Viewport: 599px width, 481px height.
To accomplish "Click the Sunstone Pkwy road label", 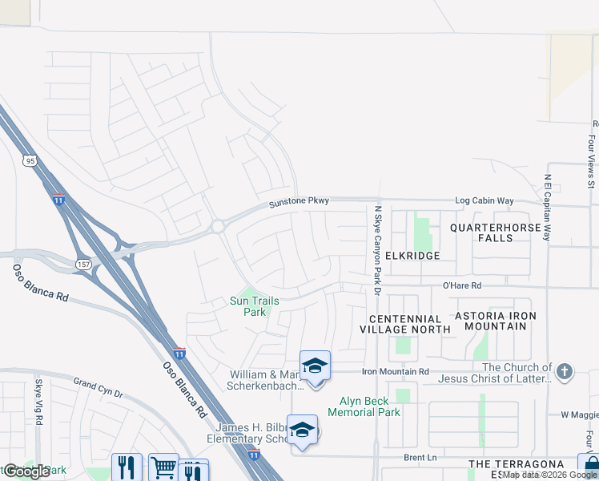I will (299, 201).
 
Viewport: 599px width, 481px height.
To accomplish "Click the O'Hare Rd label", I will (462, 285).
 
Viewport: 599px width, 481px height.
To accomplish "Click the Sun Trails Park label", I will (254, 306).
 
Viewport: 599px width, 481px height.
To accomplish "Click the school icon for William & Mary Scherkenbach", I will (316, 366).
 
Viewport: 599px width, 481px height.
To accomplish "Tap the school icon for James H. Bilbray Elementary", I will (302, 430).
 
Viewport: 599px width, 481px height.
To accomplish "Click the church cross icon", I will (565, 371).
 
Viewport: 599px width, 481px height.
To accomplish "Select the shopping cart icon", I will (163, 467).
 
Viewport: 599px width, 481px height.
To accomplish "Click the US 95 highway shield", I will (30, 160).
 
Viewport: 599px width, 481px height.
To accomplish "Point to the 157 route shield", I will (84, 263).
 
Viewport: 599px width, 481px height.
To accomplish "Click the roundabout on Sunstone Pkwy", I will (218, 227).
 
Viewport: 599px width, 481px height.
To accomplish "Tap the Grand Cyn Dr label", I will (98, 388).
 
